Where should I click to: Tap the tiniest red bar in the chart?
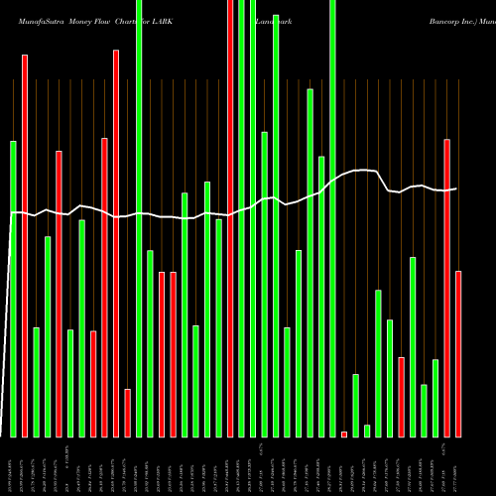344,434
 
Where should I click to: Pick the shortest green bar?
367,431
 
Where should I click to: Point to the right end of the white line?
456,188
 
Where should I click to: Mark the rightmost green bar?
435,398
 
